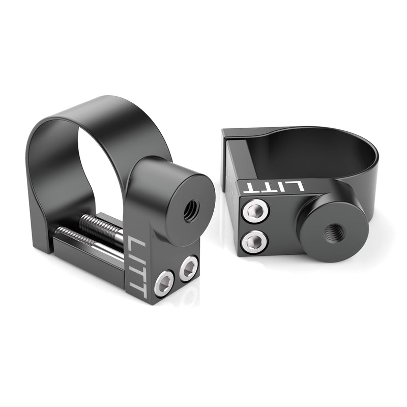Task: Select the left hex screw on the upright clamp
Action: pyautogui.click(x=164, y=282)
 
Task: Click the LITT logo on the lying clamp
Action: pyautogui.click(x=273, y=186)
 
